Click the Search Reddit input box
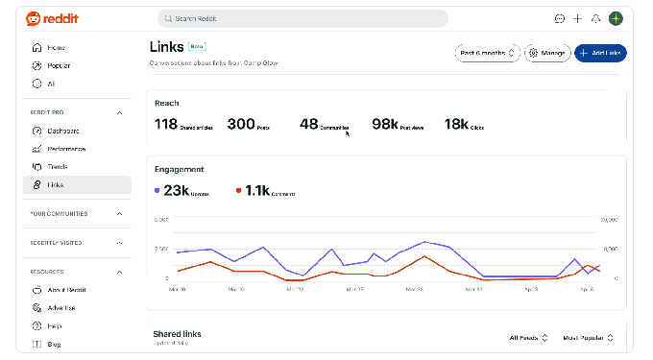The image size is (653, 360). pos(302,18)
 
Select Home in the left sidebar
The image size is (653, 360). pos(56,47)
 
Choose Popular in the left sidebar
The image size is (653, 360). pos(58,65)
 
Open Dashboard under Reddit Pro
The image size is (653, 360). pos(62,131)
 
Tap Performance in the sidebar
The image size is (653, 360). pos(65,149)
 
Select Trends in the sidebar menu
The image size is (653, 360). pos(58,166)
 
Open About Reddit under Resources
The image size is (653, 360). pos(65,289)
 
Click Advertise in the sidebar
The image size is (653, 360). pos(61,307)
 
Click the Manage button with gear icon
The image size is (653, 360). pos(547,53)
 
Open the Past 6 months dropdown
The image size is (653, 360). pos(488,53)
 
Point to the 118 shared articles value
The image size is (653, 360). pos(166,124)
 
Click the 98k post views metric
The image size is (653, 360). pos(385,124)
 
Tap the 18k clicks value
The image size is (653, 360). pos(456,124)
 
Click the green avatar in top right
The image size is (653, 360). pos(616,18)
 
